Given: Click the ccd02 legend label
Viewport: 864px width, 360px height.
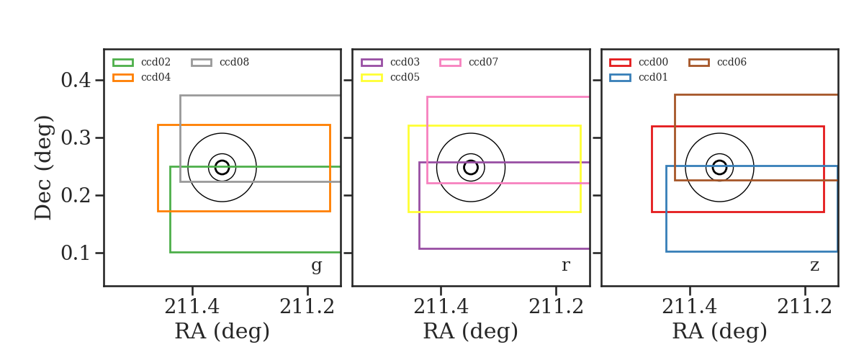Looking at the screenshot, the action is [156, 62].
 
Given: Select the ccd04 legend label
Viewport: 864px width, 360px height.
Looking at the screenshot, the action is [156, 77].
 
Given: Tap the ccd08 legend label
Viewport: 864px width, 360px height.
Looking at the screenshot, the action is [234, 62].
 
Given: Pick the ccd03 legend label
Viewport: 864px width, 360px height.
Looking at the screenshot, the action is [405, 62].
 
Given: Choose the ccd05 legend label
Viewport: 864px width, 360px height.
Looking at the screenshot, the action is [405, 77].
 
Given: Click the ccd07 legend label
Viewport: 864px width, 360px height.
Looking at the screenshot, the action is [483, 62].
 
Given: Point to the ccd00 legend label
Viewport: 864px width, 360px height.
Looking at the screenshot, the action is [653, 62].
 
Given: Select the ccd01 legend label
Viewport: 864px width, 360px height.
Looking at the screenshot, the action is [653, 77].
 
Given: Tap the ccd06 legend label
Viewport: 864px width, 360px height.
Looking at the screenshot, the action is [732, 62].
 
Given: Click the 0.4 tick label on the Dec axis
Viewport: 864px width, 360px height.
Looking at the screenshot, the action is [76, 80].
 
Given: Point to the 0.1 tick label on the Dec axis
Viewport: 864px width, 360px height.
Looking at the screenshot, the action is [76, 253].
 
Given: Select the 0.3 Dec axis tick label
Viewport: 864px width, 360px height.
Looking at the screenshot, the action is [76, 138].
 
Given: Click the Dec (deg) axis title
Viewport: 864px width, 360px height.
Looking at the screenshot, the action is [43, 168].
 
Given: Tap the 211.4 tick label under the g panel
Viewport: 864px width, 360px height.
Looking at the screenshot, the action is [192, 307].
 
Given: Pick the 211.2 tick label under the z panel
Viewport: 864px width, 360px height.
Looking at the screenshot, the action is [804, 307].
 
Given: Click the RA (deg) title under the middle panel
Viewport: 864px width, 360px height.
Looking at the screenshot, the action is [471, 331].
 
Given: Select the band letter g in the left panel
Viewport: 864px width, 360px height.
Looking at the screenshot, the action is [316, 266].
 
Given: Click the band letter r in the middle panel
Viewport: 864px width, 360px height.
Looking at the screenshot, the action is [565, 266].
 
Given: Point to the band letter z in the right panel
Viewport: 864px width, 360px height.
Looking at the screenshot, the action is [814, 266].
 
